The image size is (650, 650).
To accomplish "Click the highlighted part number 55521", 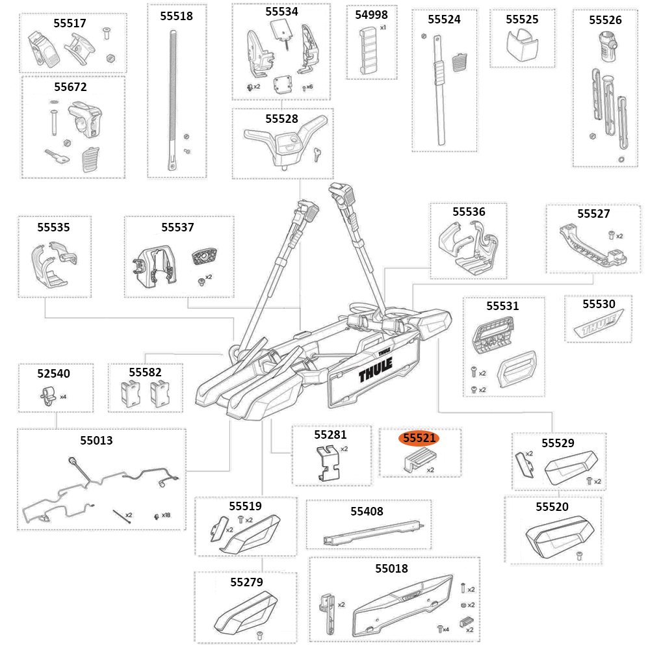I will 419,439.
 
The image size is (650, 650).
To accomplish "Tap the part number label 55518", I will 177,16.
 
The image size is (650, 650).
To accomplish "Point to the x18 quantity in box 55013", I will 166,515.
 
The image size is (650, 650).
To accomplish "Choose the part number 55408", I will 367,512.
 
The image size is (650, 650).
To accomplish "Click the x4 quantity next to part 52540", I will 63,396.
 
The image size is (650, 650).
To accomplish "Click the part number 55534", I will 281,12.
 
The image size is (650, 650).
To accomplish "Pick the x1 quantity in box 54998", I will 383,28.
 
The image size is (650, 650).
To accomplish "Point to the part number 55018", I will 392,569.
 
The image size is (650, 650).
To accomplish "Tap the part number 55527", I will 593,213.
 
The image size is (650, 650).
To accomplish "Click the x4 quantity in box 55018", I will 446,629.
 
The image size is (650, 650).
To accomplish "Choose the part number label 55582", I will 145,372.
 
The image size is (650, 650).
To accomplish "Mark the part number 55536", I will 469,212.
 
